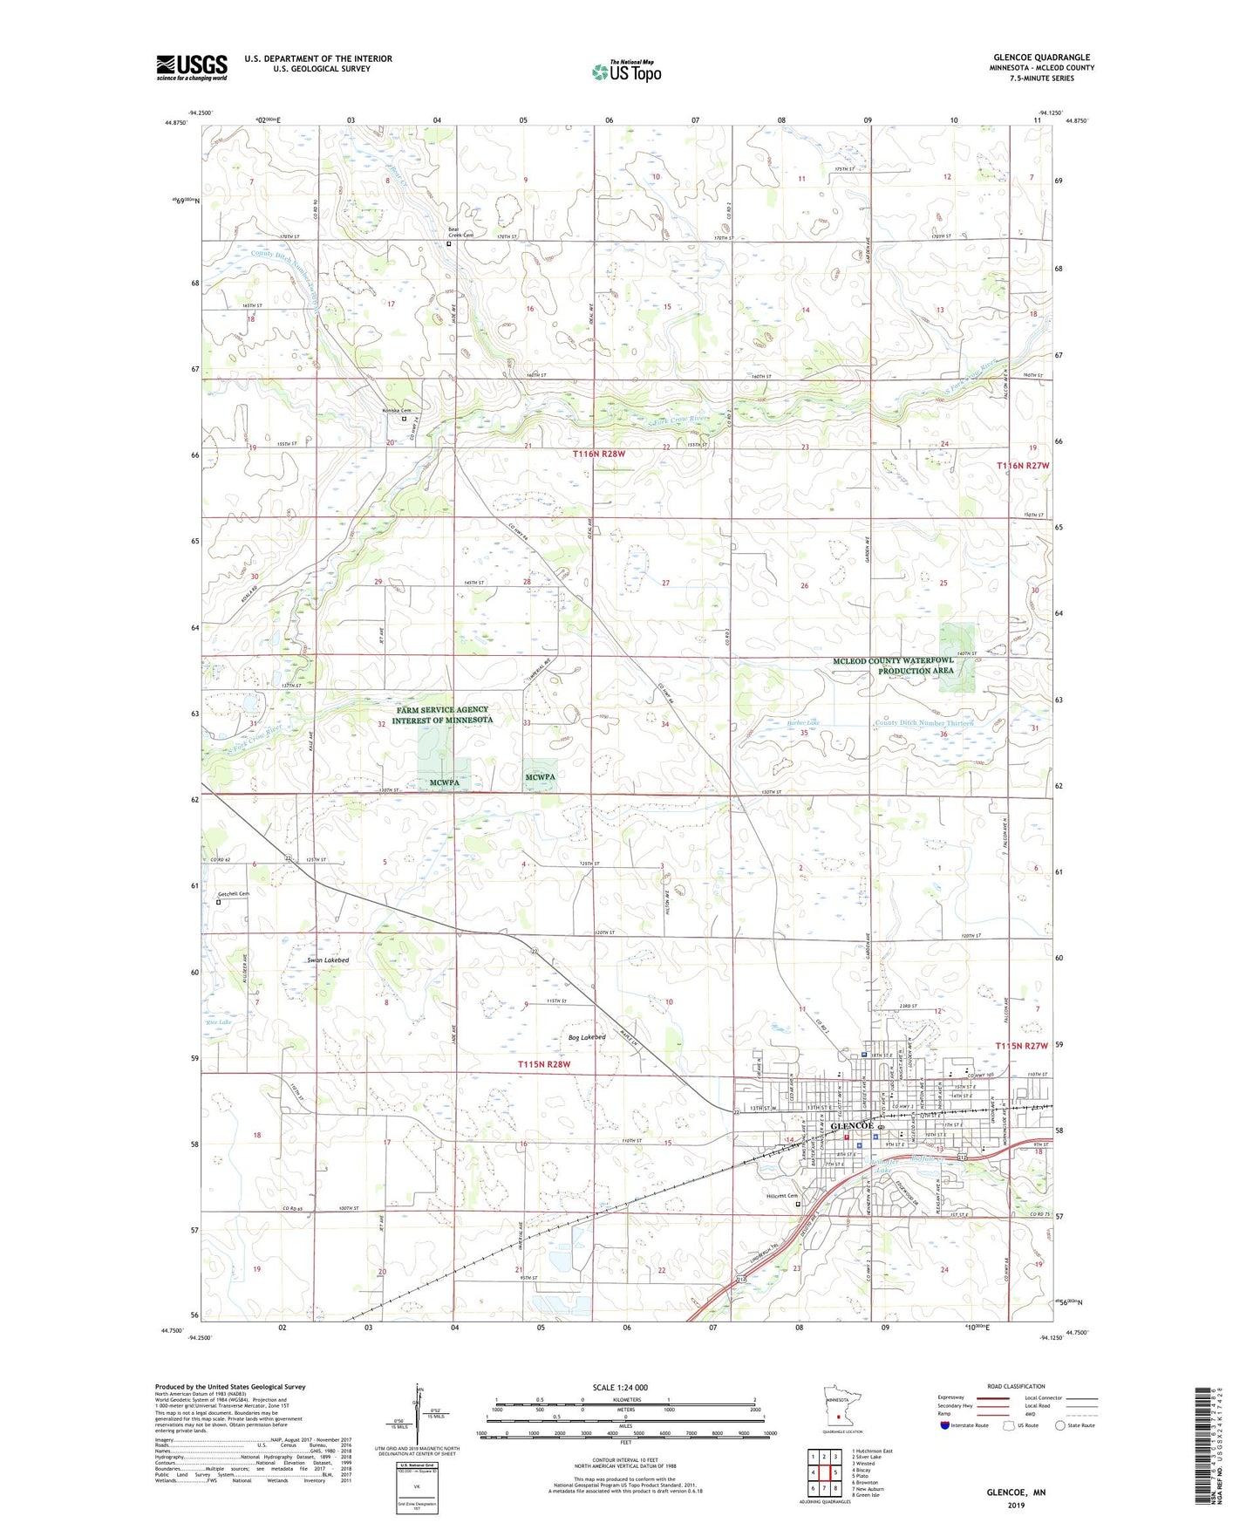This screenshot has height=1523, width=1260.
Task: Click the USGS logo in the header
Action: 192,67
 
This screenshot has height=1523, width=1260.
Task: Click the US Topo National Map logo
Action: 626,72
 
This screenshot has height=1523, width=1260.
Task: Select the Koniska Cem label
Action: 396,410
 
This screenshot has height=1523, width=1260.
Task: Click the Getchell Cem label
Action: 233,893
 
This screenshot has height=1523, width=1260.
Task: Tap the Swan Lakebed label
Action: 328,960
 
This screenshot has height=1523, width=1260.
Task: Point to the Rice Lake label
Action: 218,1021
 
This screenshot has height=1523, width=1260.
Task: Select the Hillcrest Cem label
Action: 781,1195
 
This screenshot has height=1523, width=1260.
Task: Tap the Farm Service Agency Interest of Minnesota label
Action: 442,714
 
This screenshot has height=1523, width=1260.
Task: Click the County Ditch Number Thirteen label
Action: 923,723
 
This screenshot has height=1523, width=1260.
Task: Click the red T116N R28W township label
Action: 598,454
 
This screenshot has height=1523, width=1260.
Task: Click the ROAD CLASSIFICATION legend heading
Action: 1016,1386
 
